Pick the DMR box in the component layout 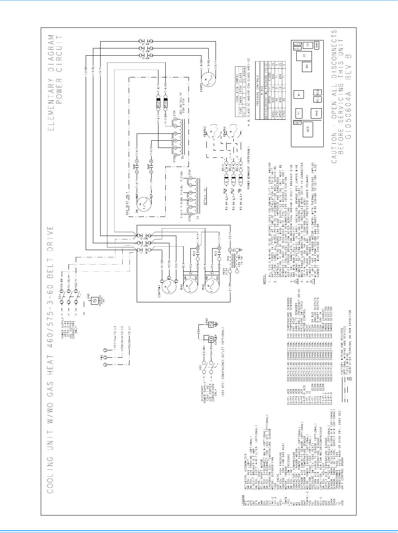317,44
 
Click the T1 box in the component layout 299,113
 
